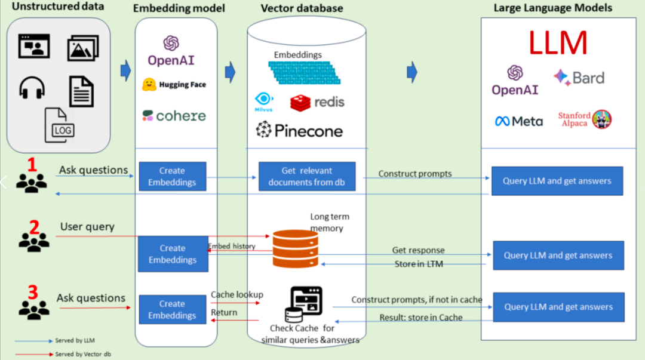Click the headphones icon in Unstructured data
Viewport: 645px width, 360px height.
point(32,88)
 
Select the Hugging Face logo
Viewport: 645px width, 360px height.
point(174,85)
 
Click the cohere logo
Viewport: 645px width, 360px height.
point(174,116)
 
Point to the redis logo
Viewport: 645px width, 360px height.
point(317,102)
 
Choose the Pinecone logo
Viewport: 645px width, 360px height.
point(300,130)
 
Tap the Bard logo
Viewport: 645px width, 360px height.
point(579,78)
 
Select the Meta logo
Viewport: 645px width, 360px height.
point(518,121)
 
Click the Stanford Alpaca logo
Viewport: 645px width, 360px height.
point(585,119)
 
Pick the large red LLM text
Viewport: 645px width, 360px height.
point(557,43)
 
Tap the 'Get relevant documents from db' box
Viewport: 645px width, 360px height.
point(307,177)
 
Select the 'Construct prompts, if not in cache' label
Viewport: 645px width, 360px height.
point(416,300)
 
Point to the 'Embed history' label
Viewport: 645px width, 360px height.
point(232,247)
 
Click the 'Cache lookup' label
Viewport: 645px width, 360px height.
point(236,294)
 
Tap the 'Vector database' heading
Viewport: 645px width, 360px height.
point(302,8)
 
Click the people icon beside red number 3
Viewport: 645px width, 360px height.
point(33,308)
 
